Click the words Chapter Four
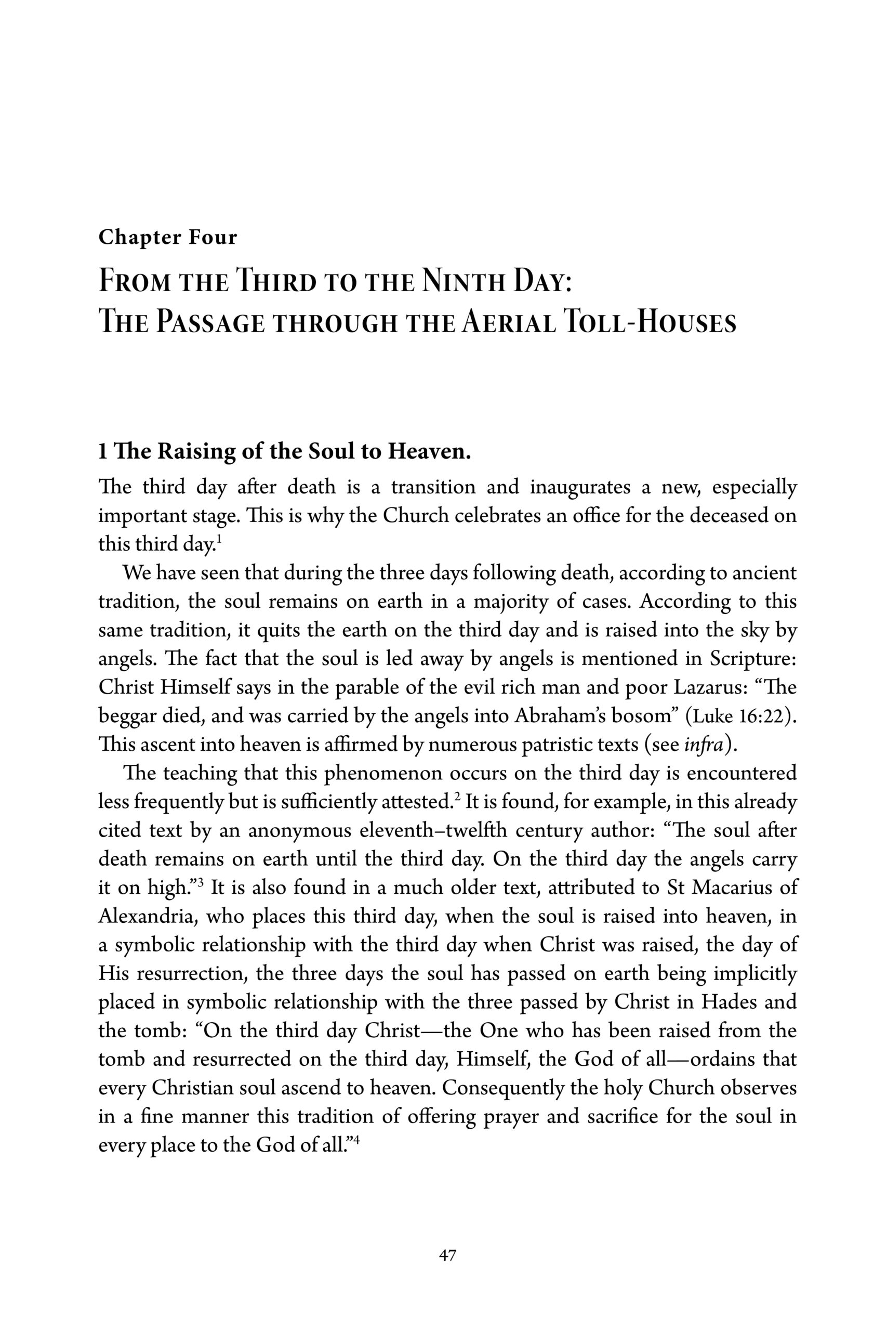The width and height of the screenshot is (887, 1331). point(167,238)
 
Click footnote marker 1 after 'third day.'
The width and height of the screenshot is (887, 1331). point(219,539)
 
